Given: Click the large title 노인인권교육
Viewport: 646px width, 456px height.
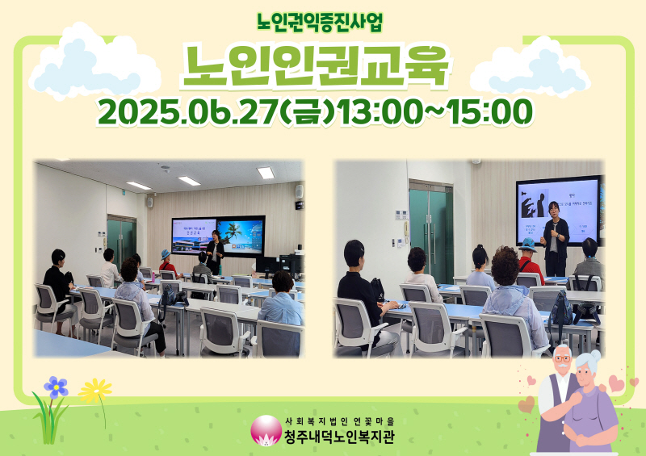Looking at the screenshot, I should (315, 65).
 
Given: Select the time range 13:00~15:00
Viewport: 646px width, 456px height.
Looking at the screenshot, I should (436, 113).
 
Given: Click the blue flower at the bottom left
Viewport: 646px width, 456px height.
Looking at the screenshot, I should (56, 387).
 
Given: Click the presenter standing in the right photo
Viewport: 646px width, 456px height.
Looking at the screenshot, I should (555, 238).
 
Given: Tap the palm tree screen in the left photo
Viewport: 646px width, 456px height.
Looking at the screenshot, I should (241, 234).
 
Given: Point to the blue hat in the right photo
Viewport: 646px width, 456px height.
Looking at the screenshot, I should (528, 243).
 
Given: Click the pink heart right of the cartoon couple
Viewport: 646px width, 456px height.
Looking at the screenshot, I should (617, 383).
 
